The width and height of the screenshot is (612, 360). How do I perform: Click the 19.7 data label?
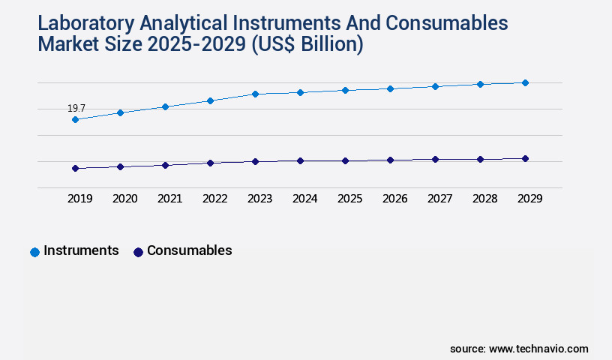(76, 109)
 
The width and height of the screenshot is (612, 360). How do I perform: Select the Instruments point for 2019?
(75, 119)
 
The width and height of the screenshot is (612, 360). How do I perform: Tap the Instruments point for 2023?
(255, 94)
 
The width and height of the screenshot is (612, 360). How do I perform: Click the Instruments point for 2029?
(525, 82)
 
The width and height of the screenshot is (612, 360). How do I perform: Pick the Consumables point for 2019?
(75, 168)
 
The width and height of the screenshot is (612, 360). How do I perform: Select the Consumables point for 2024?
(300, 160)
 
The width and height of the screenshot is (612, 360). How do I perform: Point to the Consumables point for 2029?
(525, 158)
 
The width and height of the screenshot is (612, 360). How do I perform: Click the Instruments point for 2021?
(165, 106)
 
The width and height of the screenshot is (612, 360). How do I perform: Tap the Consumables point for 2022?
(210, 163)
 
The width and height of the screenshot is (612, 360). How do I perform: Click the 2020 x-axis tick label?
(124, 199)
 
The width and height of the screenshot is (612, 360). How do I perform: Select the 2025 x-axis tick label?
(349, 199)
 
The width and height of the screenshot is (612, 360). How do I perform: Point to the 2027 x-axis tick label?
(439, 199)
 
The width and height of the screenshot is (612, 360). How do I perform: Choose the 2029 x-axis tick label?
(529, 199)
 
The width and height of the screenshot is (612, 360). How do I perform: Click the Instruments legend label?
(81, 250)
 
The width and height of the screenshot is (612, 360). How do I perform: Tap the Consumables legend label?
(189, 250)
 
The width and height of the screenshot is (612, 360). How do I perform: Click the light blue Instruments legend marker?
(34, 252)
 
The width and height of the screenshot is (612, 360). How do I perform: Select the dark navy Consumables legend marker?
(138, 252)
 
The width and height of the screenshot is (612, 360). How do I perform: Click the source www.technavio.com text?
(519, 349)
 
